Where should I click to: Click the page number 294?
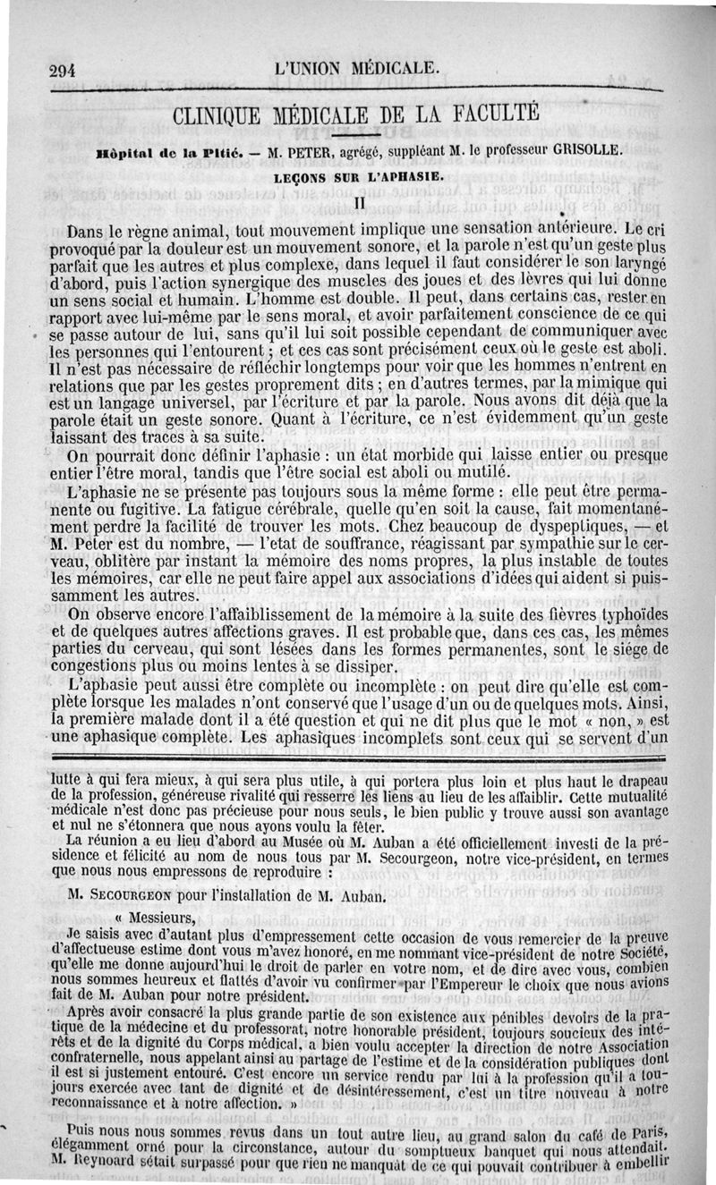64,71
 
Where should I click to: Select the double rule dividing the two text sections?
357,759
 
